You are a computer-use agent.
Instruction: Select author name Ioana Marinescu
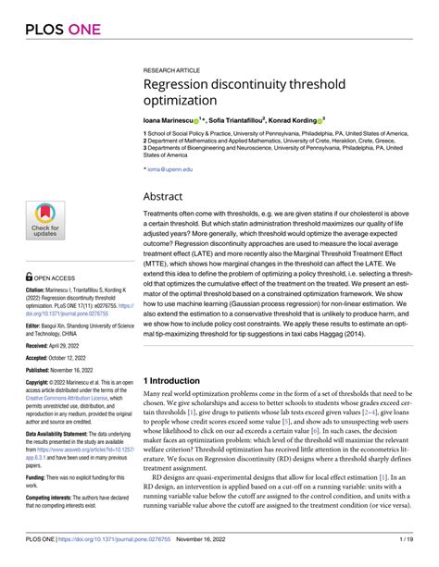tap(171, 119)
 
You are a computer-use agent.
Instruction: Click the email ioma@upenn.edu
tap(170, 170)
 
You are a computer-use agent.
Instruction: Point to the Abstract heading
tap(169, 196)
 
